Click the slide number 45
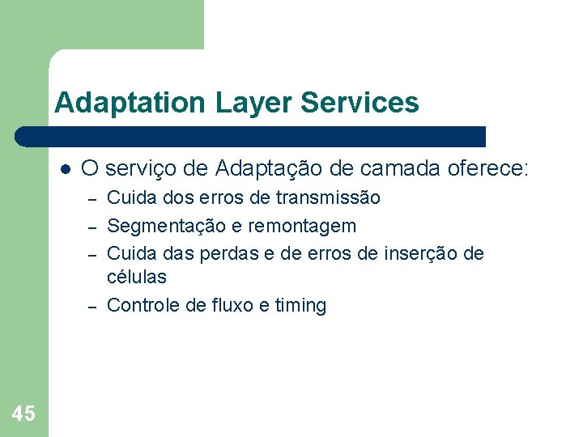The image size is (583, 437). (x=23, y=414)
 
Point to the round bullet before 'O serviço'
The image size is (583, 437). (x=65, y=169)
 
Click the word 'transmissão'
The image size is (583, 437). (x=328, y=197)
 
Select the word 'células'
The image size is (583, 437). (x=137, y=277)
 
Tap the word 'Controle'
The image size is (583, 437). (x=143, y=305)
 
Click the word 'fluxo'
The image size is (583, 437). (x=233, y=305)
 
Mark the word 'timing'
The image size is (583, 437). (x=300, y=305)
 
